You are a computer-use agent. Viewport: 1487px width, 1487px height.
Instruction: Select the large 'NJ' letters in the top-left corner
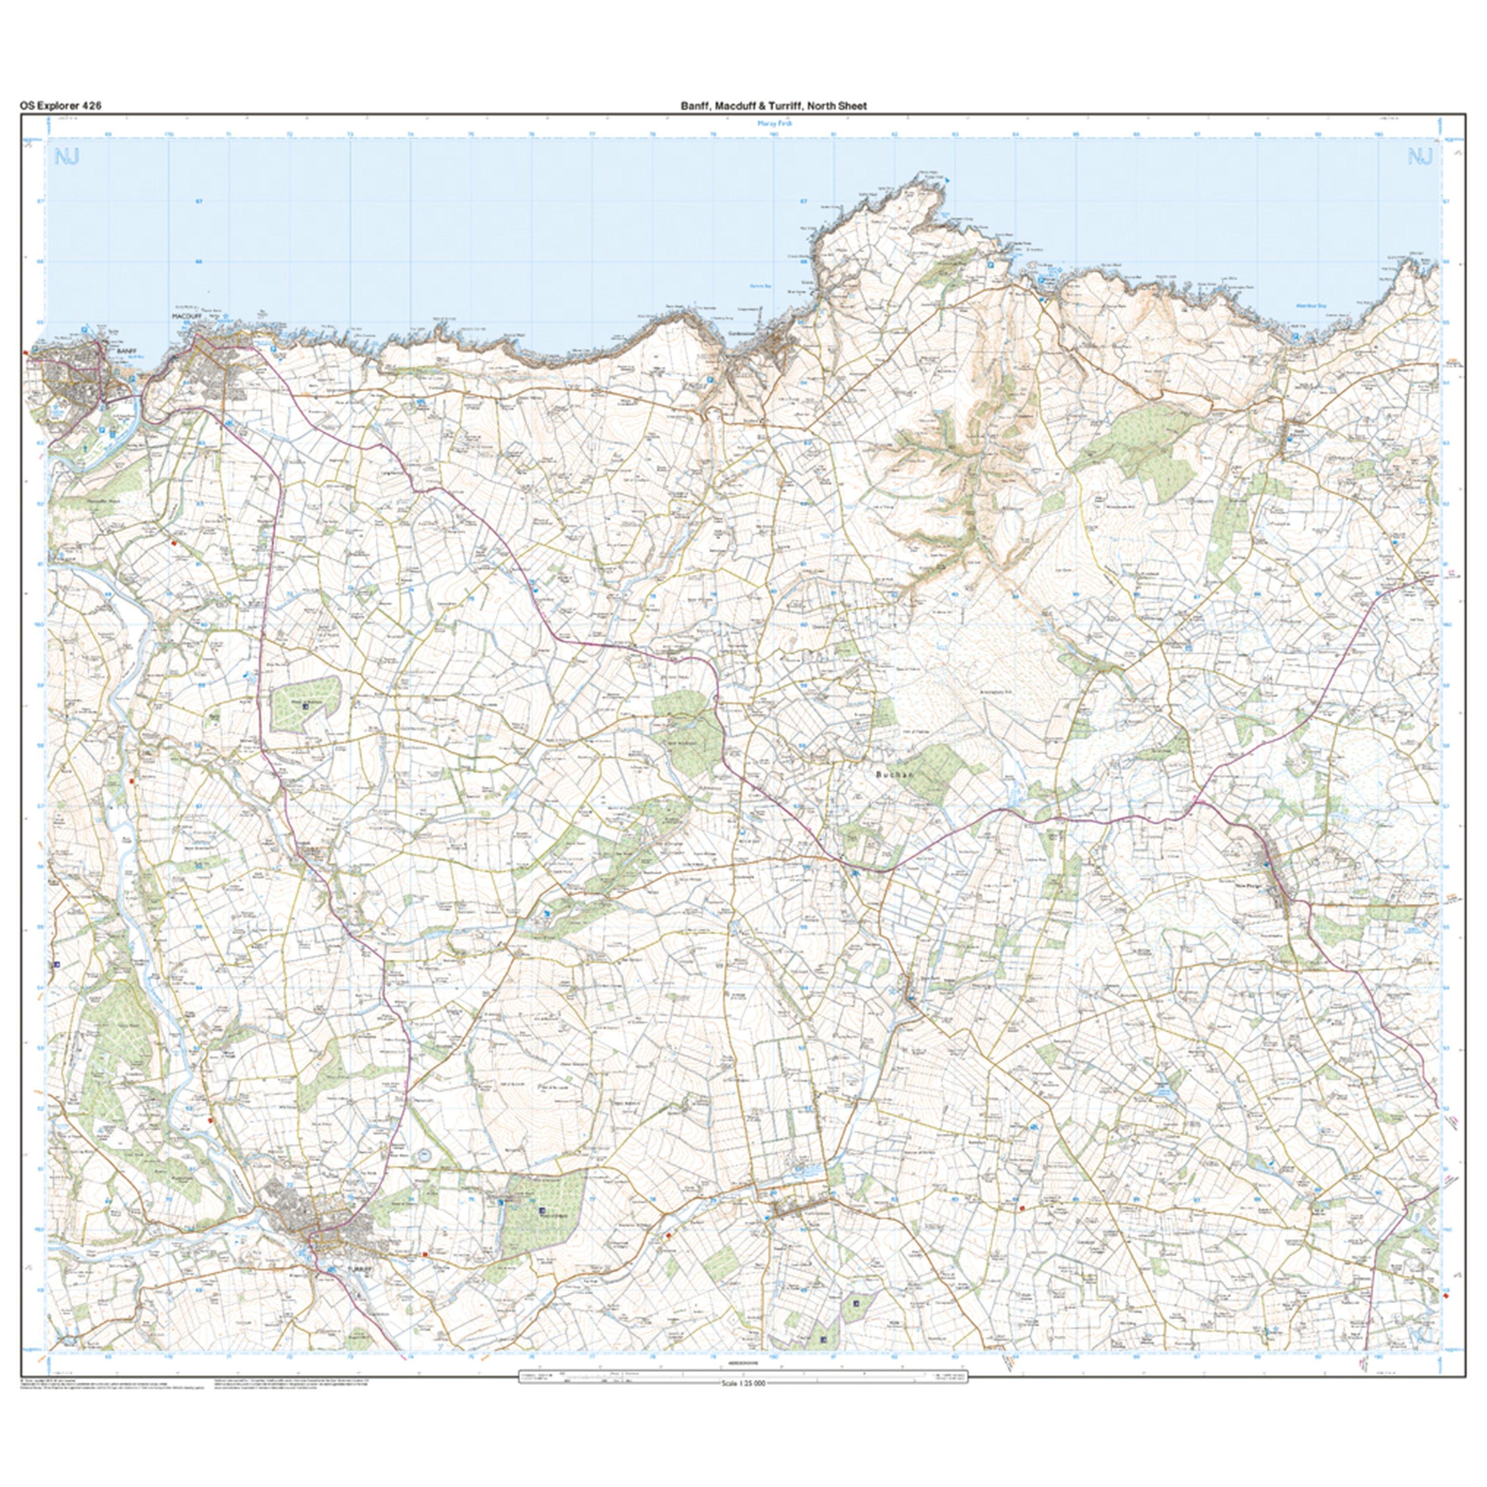[x=67, y=158]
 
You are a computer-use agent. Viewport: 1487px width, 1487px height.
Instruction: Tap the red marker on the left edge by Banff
[x=26, y=352]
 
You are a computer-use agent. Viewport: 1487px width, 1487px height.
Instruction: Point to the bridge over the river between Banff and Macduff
[x=139, y=400]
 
